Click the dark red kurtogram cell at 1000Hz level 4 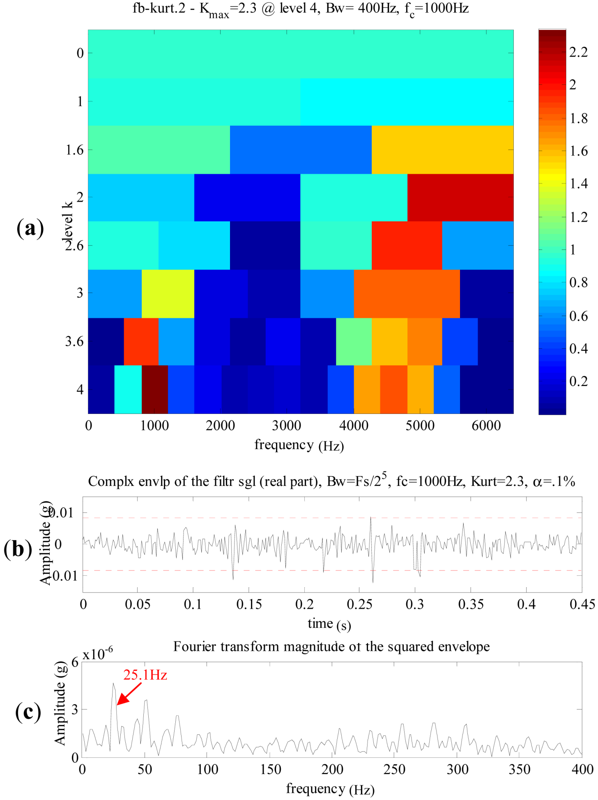click(155, 389)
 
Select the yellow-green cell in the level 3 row click(168, 293)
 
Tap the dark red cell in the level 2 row click(460, 198)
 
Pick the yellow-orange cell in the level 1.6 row click(442, 149)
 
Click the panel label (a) click(30, 228)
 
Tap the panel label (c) click(28, 712)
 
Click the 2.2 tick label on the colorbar click(579, 52)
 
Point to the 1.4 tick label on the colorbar click(579, 184)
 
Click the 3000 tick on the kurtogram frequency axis click(287, 425)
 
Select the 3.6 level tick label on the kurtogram click(74, 341)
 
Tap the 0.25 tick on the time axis click(359, 604)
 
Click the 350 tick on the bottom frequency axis click(520, 769)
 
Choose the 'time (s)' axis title click(329, 624)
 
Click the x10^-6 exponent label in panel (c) click(98, 653)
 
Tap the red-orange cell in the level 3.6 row click(141, 341)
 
